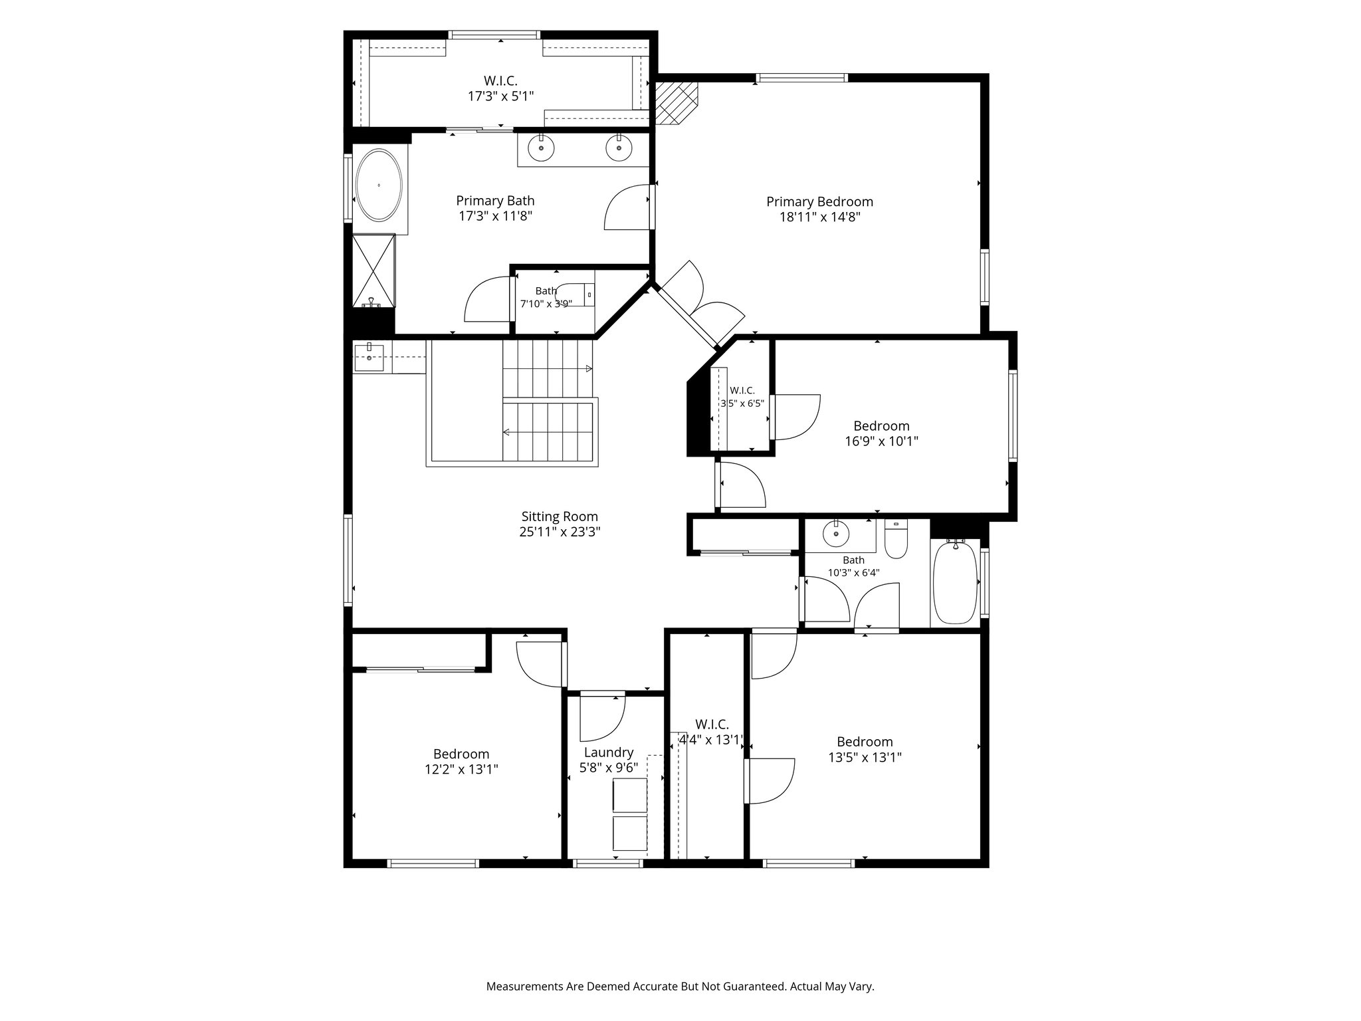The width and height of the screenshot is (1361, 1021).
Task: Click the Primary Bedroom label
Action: click(819, 201)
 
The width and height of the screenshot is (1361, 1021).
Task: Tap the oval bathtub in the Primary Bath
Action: click(379, 185)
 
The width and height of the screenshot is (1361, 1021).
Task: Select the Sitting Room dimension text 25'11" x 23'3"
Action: click(560, 532)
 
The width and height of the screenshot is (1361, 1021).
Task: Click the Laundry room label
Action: click(608, 752)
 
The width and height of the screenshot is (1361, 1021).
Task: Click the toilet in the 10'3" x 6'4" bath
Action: click(896, 540)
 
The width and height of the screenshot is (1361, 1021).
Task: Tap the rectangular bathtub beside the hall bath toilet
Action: click(955, 582)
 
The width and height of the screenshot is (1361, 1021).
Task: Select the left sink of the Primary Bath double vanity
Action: click(542, 148)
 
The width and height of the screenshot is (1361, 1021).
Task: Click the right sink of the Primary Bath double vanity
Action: click(619, 148)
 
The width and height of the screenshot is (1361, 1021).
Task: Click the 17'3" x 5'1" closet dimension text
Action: click(500, 96)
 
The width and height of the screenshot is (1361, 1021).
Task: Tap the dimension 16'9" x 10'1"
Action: click(881, 441)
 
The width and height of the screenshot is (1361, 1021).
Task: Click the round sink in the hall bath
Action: click(835, 534)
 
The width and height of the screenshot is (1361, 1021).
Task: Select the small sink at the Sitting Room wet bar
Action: click(369, 358)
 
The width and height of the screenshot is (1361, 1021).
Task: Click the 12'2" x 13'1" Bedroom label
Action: click(461, 754)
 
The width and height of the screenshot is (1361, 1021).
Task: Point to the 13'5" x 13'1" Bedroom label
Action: click(865, 742)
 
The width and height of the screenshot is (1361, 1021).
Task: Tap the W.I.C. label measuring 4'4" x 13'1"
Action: click(712, 725)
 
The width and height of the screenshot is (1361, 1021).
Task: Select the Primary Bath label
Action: click(495, 201)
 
